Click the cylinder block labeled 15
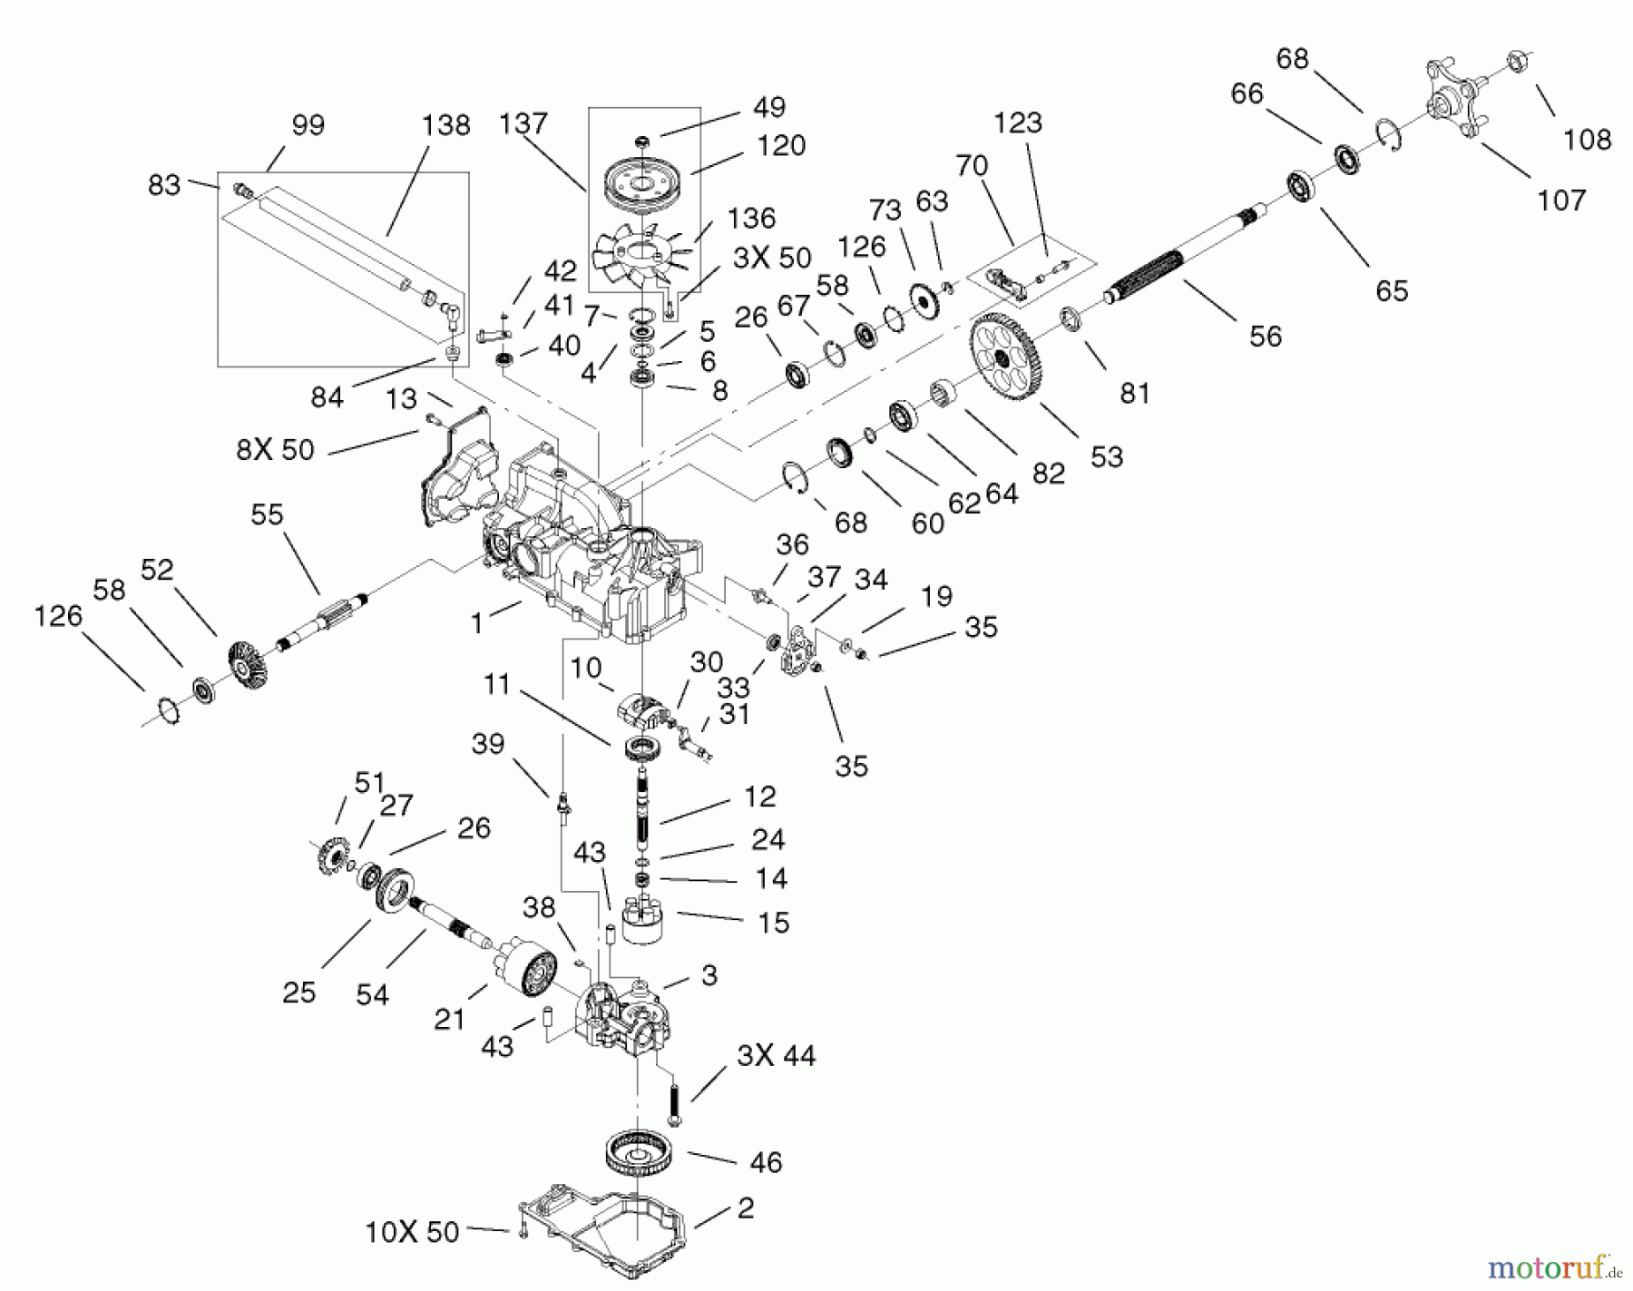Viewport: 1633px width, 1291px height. [x=644, y=917]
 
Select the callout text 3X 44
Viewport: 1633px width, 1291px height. [x=776, y=1055]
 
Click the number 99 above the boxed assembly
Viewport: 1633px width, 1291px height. [x=308, y=124]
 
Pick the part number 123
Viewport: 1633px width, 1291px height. [x=1018, y=122]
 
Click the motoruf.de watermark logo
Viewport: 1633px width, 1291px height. [x=1555, y=1264]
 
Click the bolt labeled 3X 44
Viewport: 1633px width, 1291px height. [x=673, y=1106]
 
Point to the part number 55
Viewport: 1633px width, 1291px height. [x=268, y=514]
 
